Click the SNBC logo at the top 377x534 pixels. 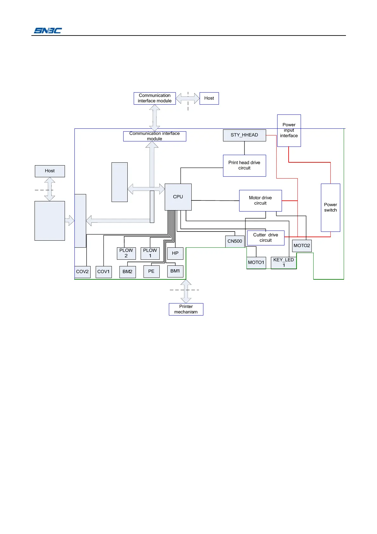pos(48,30)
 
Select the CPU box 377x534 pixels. pos(178,197)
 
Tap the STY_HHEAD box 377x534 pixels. pos(244,135)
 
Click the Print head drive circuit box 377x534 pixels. pos(244,166)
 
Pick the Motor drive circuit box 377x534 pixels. pos(260,200)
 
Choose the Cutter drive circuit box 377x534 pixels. pos(265,238)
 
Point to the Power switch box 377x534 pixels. pos(330,207)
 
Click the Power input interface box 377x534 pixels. pos(289,130)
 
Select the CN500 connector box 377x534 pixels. pos(235,241)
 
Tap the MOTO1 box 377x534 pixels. pos(256,263)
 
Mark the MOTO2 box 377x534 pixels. pos(302,246)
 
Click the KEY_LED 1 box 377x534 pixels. pos(284,263)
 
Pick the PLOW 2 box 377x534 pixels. pos(126,253)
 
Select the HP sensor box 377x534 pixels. pos(175,253)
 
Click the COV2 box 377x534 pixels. pos(82,272)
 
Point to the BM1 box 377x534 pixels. pos(175,271)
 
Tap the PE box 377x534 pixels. pos(151,271)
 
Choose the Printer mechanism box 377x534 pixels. pos(186,309)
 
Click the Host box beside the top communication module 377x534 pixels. pos(209,98)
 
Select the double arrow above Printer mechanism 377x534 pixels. pos(186,291)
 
